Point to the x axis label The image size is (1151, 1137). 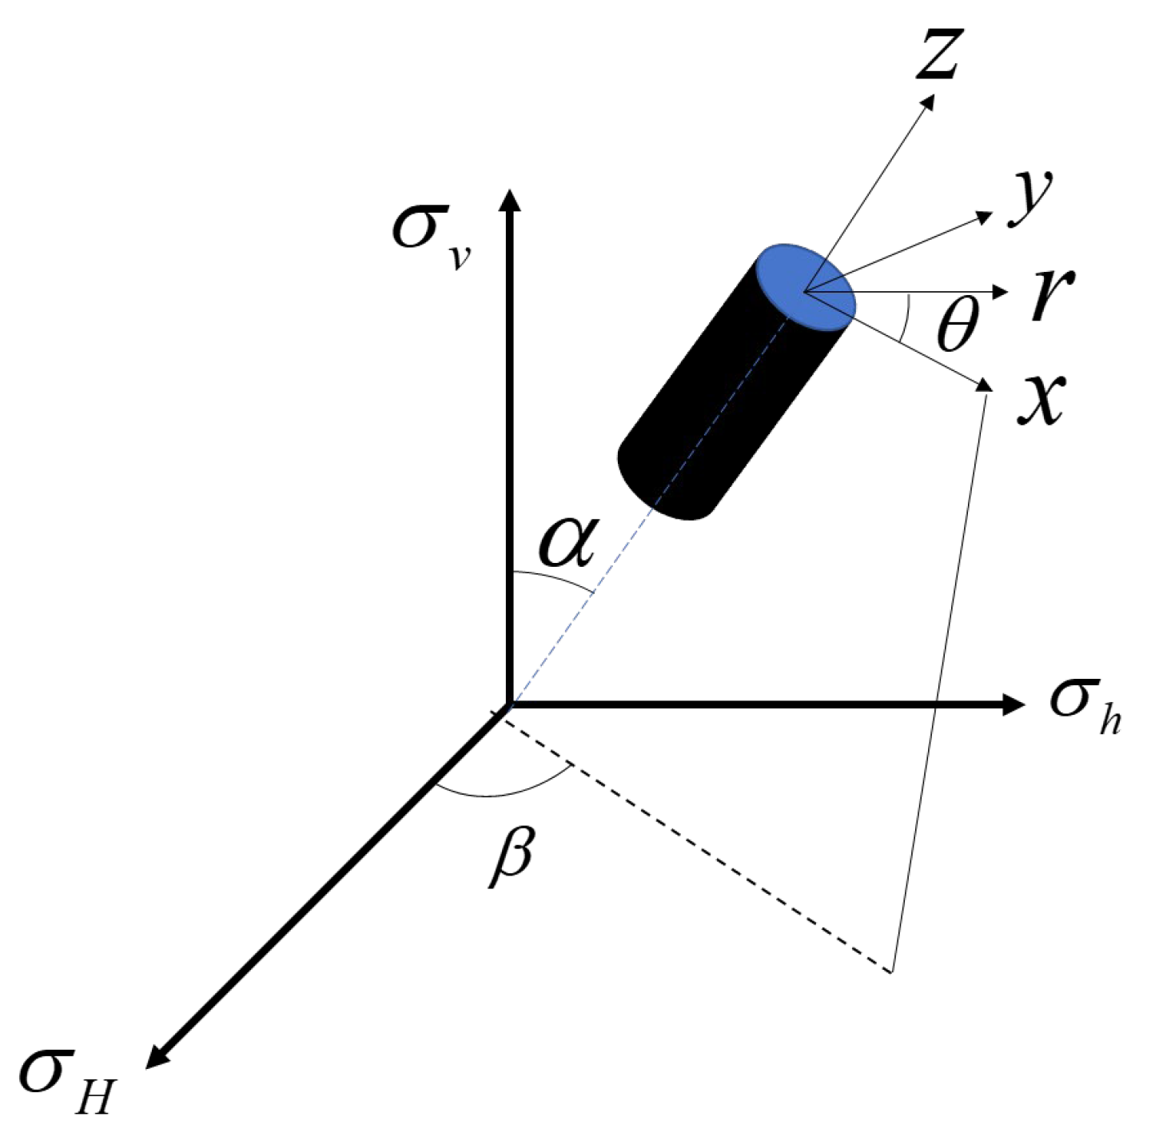click(1040, 397)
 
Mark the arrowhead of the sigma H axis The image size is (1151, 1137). click(157, 1055)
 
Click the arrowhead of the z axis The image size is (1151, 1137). click(929, 101)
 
